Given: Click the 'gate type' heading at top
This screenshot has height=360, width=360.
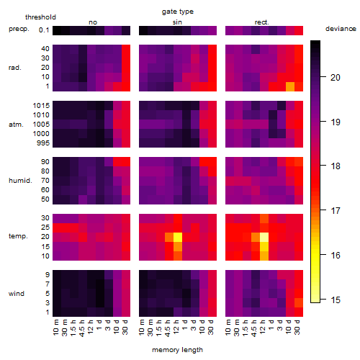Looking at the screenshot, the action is pos(178,12).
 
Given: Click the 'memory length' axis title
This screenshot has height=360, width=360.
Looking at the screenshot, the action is pos(177,350).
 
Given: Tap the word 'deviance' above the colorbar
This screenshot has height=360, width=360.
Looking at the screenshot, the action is pos(341,29).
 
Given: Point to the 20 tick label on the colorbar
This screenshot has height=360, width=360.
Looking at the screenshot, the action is pos(336,78).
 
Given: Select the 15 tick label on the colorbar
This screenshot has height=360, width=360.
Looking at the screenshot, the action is pos(336,300).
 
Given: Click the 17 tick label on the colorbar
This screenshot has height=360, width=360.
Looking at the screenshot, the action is pos(336,211).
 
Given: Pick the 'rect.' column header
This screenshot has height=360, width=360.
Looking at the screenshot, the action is pos(261,22).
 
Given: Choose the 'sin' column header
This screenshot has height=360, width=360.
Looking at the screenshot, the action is pos(177,22).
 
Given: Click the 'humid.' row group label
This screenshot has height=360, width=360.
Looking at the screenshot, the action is pos(20,181).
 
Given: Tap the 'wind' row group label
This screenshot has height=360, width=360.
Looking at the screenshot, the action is pos(17,294).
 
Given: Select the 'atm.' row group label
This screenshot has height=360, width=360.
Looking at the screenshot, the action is pos(16,125).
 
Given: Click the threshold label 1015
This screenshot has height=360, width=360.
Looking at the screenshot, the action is pos(41,106).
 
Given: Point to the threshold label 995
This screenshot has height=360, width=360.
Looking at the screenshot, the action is pos(43,143).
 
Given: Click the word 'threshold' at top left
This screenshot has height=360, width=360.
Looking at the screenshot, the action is pos(40,17).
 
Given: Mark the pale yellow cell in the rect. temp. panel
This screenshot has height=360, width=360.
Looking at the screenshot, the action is pos(264,237).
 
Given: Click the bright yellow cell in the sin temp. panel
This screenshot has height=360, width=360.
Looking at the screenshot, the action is pos(178,237).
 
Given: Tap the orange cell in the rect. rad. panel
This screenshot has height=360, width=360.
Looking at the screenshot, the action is pos(290,86).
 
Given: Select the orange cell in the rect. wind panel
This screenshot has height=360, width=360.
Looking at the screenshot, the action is pos(299,302).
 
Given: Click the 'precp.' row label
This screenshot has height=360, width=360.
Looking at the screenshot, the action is pos(19,29).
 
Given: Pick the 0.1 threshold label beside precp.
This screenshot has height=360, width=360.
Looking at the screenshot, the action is pos(44,30).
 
